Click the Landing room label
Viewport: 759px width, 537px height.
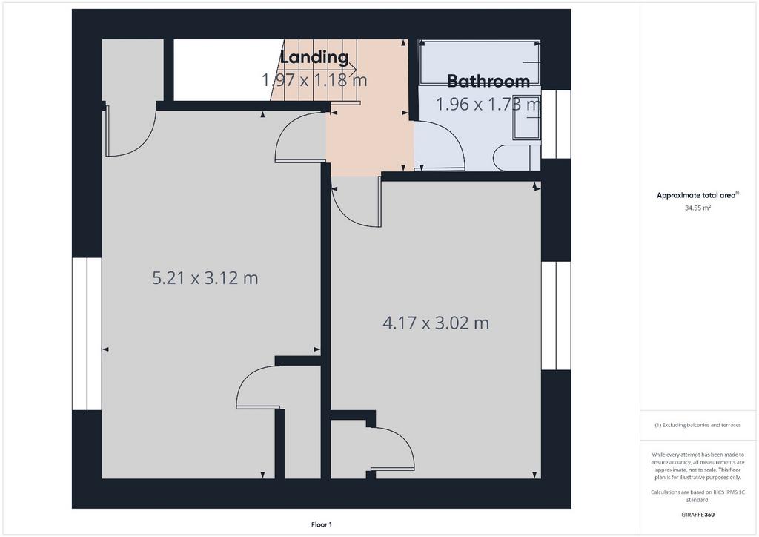[x=314, y=57]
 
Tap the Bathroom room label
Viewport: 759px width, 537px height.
[x=488, y=81]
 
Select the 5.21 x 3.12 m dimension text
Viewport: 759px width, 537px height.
[x=205, y=278]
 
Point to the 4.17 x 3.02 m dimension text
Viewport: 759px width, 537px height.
[x=436, y=323]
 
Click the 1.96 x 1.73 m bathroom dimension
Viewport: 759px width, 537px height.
[x=488, y=104]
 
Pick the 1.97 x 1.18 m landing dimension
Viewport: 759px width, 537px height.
[x=314, y=79]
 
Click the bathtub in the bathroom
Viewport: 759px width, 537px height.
[x=480, y=62]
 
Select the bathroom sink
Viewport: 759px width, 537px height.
[x=526, y=116]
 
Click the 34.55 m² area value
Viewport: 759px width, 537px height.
[x=697, y=208]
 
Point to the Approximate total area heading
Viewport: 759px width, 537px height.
[x=697, y=196]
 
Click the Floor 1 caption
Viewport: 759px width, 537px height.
[x=322, y=525]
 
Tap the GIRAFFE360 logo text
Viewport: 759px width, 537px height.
[x=697, y=515]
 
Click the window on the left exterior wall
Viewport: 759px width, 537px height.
[x=87, y=334]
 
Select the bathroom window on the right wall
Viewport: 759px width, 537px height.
[x=556, y=124]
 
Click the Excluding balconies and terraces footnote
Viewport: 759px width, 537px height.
[x=697, y=425]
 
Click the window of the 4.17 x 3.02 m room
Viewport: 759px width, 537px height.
[x=556, y=316]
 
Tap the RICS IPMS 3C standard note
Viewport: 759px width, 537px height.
[x=697, y=496]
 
